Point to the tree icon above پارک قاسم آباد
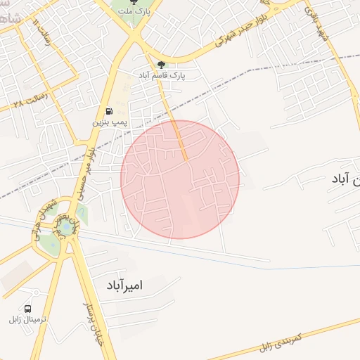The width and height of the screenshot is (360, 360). click(162, 65)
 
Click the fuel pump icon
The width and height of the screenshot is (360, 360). click(109, 111)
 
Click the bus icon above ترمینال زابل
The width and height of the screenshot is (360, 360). click(28, 309)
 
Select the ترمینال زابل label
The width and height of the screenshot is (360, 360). click(27, 320)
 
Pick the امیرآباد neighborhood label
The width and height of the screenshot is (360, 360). click(124, 285)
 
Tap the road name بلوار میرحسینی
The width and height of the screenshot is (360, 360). click(87, 169)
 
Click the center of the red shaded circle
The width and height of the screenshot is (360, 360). click(180, 179)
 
